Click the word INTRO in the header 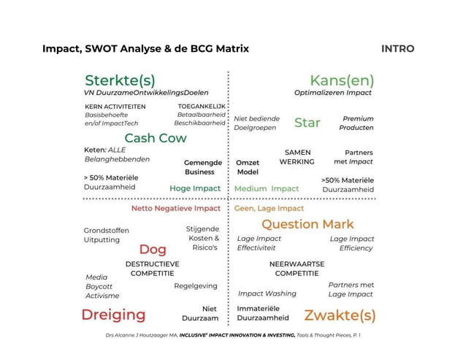[x=397, y=49]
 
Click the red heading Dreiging [x=113, y=315]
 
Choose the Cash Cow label [x=155, y=138]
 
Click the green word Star [x=307, y=123]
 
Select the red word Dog [x=153, y=250]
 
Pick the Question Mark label [x=308, y=224]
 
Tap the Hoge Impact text [x=195, y=188]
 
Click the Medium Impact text [x=267, y=188]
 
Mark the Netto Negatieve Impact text [x=175, y=208]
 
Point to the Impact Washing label [x=267, y=294]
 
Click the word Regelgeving [x=195, y=286]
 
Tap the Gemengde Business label [x=199, y=167]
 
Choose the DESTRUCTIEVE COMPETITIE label [x=152, y=268]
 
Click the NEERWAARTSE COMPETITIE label [x=297, y=268]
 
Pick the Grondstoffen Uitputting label [x=106, y=234]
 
